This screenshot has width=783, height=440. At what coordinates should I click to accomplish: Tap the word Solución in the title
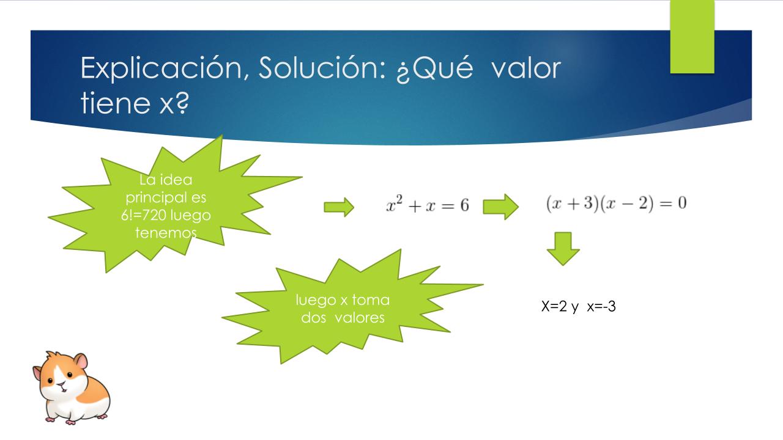tap(322, 67)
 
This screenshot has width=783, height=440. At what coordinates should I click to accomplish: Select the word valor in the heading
tap(526, 68)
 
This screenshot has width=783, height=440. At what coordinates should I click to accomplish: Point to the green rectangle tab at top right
tap(692, 37)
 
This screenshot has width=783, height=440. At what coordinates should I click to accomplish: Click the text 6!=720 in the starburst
tap(144, 215)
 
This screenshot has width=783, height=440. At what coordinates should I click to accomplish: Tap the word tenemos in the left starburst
tap(166, 233)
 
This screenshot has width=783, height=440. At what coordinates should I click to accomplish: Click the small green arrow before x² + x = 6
tap(339, 207)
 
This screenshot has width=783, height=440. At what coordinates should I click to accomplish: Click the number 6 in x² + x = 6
tap(464, 205)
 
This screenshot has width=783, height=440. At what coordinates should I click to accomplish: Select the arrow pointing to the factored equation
tap(500, 207)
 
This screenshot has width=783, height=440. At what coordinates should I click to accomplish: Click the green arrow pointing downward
tap(563, 249)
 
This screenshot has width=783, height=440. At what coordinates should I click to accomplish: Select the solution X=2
tap(554, 306)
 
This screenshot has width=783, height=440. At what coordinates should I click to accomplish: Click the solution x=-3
tap(601, 306)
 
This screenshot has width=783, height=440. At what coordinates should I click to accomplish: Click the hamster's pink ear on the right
tap(81, 361)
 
